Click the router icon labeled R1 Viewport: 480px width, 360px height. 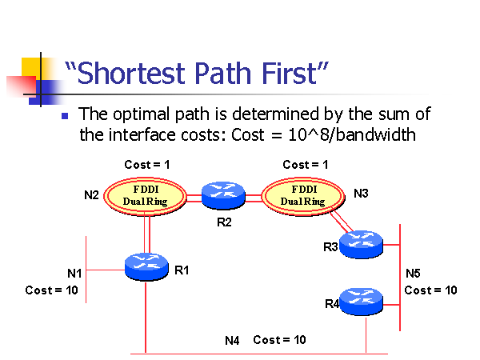point(146,266)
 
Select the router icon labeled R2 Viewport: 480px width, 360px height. point(223,194)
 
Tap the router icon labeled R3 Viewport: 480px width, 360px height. point(361,244)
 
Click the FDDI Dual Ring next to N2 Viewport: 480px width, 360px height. point(146,194)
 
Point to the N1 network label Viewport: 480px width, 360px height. point(74,274)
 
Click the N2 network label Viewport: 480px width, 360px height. point(92,194)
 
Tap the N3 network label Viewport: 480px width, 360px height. point(361,194)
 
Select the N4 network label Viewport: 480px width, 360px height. point(232,340)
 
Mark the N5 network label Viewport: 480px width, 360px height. point(414,274)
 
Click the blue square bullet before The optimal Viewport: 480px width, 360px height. point(66,116)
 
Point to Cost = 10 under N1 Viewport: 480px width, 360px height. point(51,290)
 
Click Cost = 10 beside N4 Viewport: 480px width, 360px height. point(279,340)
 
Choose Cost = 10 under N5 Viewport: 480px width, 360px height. point(430,290)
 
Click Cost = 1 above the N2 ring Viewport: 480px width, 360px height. point(146,165)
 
